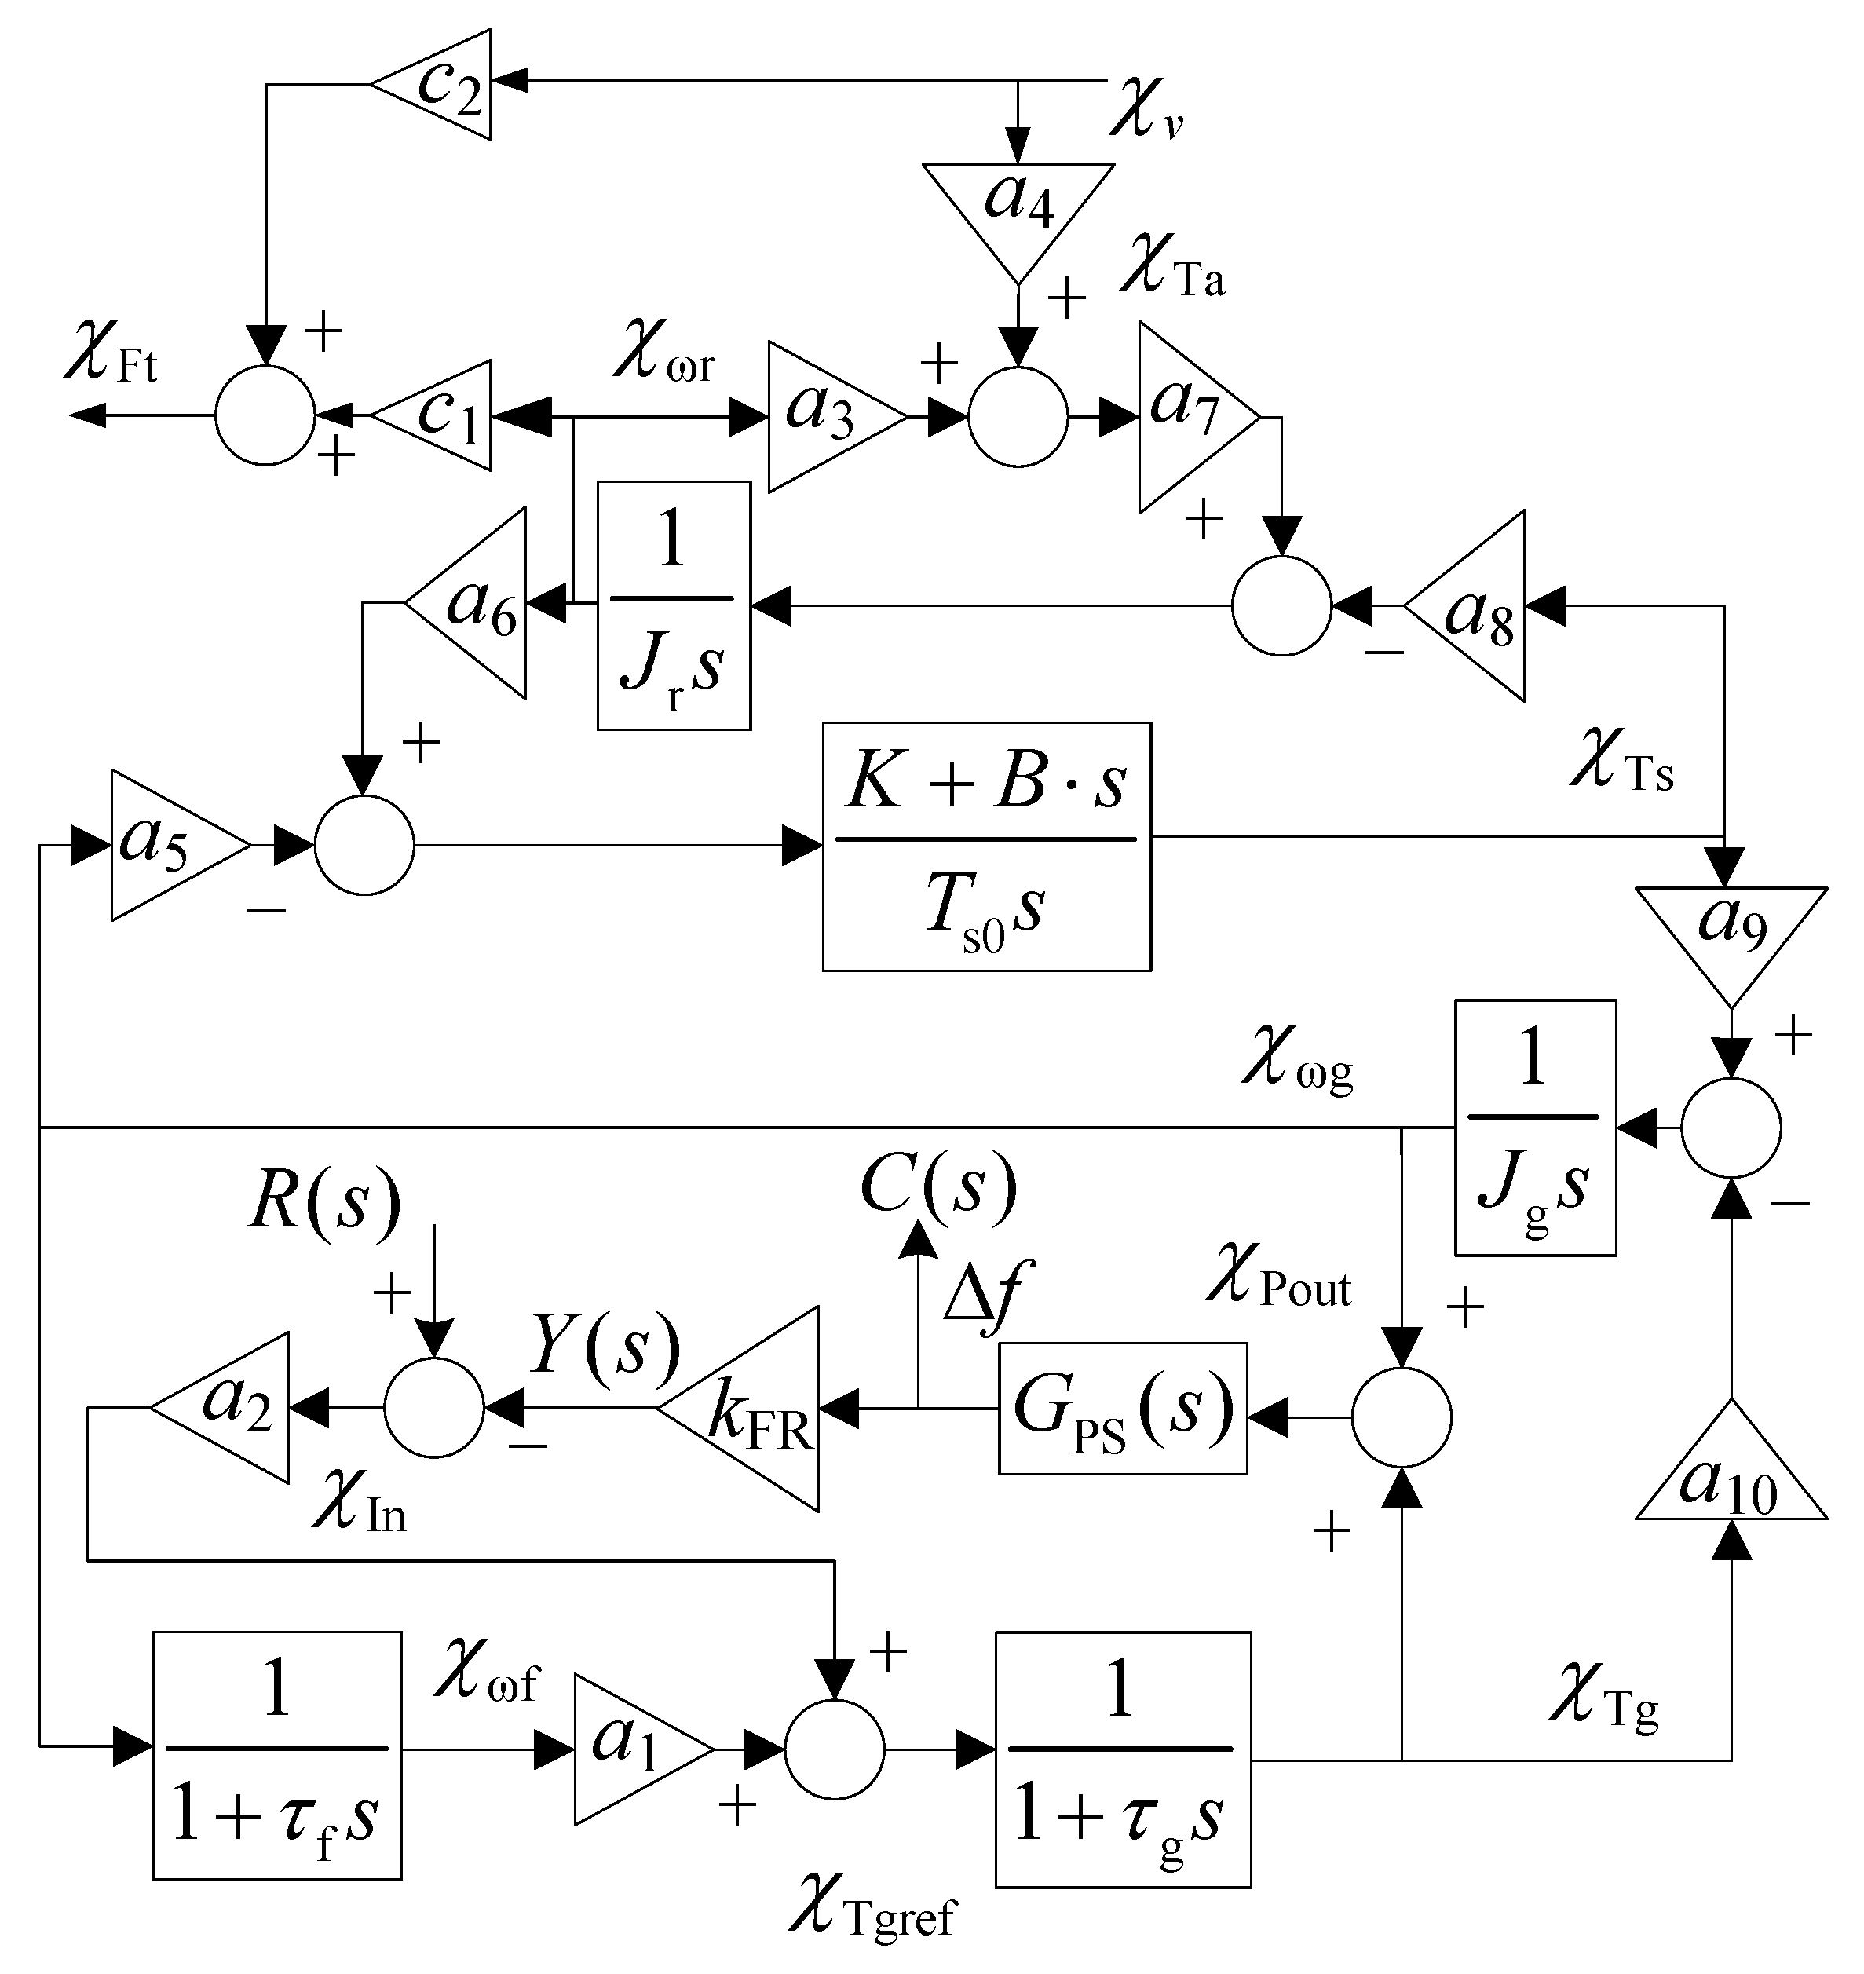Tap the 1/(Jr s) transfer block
[674, 606]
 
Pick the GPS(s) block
[1122, 1409]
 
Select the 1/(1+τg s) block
[1123, 1758]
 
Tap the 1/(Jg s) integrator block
[1534, 1128]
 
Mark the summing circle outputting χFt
[265, 415]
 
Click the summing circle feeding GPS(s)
[1401, 1417]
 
